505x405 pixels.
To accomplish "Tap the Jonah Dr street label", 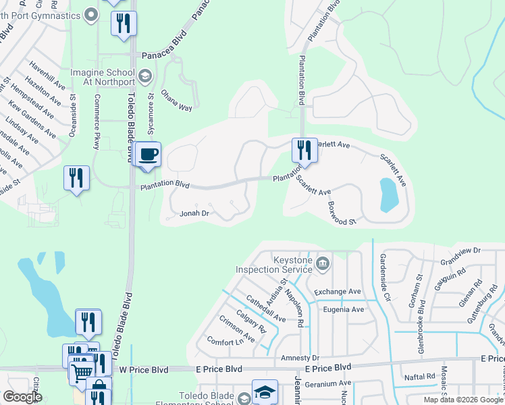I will click(x=195, y=213).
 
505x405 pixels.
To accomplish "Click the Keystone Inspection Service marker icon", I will click(x=323, y=262).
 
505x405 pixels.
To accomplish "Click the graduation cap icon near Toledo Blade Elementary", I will click(x=265, y=392).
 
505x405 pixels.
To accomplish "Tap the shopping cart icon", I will click(x=82, y=371).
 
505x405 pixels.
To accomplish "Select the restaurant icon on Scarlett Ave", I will click(x=304, y=150).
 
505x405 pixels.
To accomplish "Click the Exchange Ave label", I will click(x=338, y=292).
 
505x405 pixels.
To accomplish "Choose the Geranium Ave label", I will click(x=327, y=383).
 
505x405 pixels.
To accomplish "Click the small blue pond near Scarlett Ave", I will click(x=389, y=194).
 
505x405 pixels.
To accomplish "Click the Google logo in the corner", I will click(x=22, y=397).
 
